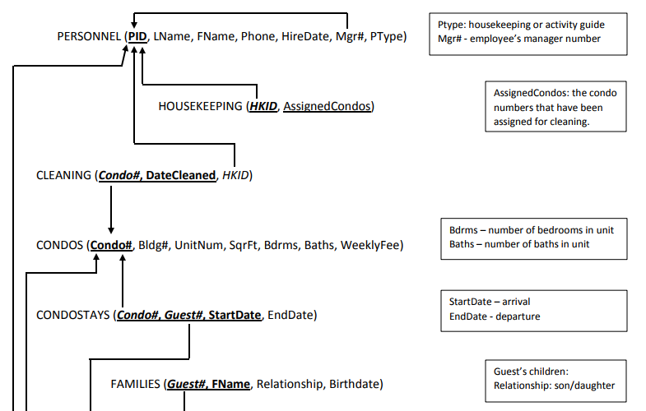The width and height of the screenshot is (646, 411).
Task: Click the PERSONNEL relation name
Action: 87,37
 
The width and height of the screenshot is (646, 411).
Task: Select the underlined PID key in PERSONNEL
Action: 137,37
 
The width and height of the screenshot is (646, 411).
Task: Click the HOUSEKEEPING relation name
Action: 200,106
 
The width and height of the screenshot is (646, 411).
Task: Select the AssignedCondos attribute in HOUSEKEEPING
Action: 327,106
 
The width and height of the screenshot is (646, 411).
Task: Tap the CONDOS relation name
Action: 59,245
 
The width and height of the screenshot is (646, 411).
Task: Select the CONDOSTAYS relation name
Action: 72,315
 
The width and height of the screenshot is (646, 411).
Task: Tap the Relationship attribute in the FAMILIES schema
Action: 292,384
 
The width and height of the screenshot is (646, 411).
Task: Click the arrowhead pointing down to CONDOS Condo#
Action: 110,230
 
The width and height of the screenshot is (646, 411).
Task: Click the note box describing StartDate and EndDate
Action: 532,309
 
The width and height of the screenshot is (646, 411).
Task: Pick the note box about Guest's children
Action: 554,379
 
